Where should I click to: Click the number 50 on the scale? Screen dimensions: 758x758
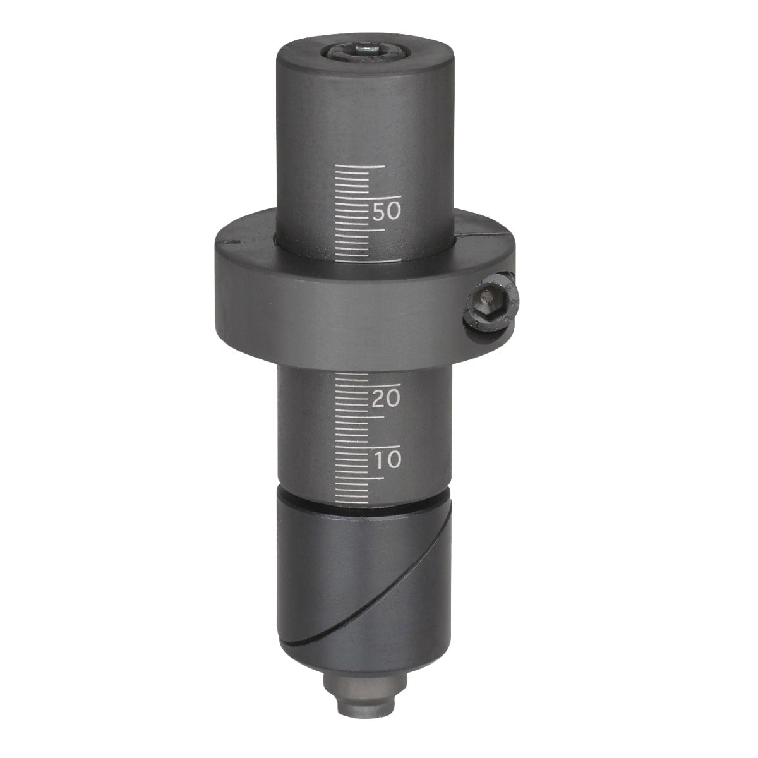tap(387, 211)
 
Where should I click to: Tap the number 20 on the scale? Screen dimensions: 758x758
tap(387, 399)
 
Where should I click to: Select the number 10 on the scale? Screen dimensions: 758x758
tap(387, 459)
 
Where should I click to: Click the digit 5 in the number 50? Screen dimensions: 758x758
tap(379, 211)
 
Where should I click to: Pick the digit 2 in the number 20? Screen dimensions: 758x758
tap(378, 399)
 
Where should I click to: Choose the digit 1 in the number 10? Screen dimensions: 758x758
tap(377, 459)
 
